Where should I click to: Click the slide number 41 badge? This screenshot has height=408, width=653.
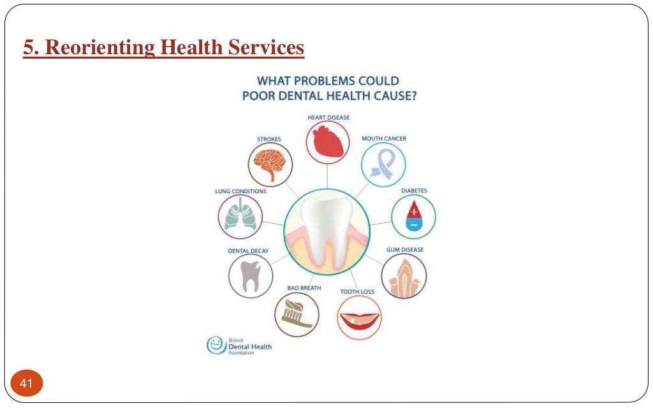(x=26, y=383)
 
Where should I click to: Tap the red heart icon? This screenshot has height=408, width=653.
(x=328, y=143)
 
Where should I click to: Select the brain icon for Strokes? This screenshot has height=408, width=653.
(x=270, y=164)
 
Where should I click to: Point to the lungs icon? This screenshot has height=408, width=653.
(x=240, y=216)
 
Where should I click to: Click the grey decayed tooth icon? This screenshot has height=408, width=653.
(x=250, y=275)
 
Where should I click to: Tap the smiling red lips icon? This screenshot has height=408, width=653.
(x=359, y=317)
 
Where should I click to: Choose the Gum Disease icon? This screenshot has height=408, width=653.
(x=404, y=276)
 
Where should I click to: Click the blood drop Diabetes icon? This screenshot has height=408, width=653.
(x=413, y=216)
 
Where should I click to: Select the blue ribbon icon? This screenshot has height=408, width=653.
(x=383, y=164)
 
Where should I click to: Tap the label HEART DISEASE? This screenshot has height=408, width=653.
(x=328, y=117)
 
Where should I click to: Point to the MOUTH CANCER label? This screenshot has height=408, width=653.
(x=384, y=138)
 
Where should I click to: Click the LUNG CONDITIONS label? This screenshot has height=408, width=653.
(x=240, y=191)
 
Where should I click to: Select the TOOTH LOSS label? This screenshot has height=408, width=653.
(x=357, y=291)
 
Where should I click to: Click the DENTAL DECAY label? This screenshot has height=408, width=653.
(x=248, y=251)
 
